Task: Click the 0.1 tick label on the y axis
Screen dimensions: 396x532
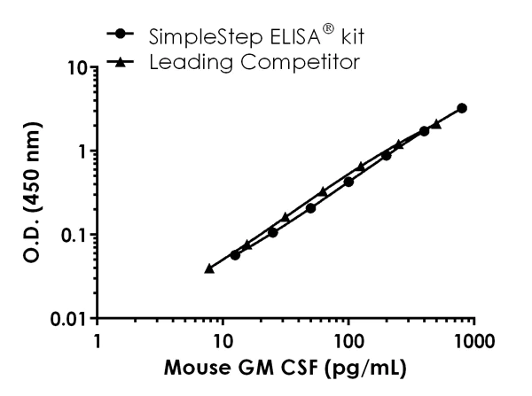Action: click(75, 235)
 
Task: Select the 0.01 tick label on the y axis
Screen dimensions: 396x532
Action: click(71, 318)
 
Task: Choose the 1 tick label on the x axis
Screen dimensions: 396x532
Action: click(98, 339)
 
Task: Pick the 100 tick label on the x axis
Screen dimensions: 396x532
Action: click(348, 339)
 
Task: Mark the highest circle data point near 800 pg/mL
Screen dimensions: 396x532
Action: click(462, 108)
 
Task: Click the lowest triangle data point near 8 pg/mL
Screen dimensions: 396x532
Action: click(209, 268)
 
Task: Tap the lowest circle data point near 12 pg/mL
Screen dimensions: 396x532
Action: click(235, 254)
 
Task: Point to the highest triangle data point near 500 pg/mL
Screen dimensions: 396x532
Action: click(436, 124)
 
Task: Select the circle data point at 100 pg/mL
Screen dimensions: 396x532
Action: click(348, 182)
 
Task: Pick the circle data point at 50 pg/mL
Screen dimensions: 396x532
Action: click(310, 208)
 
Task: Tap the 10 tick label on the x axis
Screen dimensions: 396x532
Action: click(223, 339)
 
